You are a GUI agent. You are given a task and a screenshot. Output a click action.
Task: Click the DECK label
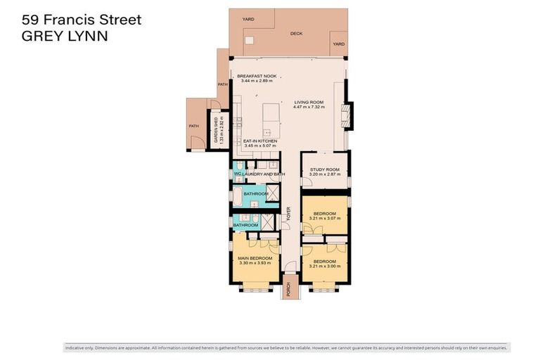click(296, 32)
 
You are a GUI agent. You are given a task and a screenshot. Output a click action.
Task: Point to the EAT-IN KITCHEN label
click(260, 141)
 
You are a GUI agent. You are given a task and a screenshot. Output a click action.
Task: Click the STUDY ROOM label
click(324, 169)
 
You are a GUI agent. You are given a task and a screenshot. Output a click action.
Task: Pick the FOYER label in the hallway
click(288, 214)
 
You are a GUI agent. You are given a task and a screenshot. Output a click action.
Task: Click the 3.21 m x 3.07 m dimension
click(324, 218)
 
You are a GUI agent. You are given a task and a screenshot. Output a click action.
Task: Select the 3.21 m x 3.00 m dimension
click(324, 266)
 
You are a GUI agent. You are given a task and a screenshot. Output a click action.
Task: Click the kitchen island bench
click(267, 121)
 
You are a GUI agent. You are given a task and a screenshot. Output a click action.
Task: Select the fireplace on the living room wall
click(345, 116)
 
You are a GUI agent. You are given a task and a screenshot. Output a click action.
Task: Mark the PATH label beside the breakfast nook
click(222, 85)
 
